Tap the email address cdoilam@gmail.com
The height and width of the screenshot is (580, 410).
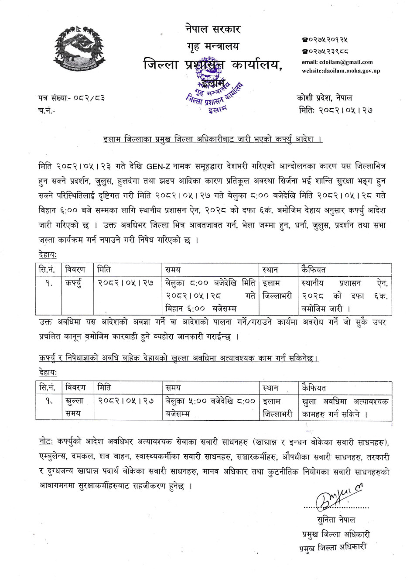tap(337, 62)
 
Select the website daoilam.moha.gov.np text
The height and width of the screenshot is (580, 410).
tap(340, 71)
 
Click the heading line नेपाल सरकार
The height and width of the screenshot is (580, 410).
tap(212, 29)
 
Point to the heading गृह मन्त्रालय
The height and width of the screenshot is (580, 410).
tap(212, 46)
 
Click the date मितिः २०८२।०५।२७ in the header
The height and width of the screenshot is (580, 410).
tap(335, 110)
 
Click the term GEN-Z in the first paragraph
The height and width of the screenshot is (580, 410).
tap(158, 166)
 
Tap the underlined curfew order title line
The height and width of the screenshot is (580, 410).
tap(212, 139)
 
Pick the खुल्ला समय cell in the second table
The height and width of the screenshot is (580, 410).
tap(74, 407)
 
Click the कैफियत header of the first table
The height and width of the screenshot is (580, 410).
tap(313, 270)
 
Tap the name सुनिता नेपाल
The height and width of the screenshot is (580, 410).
tap(336, 520)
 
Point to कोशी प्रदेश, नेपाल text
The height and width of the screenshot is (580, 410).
tap(324, 98)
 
